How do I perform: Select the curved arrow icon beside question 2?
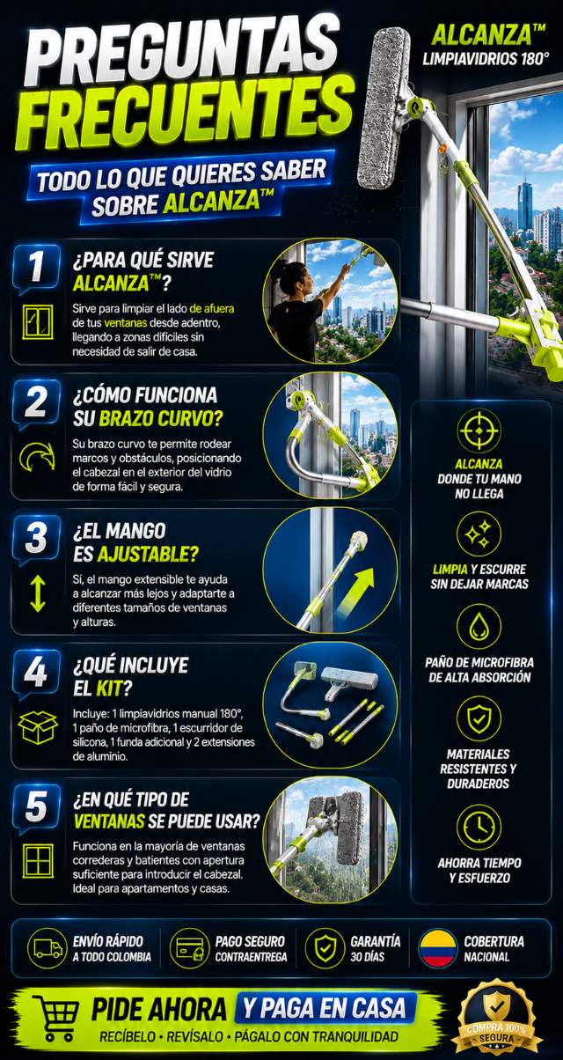37,457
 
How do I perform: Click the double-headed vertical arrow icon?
37,593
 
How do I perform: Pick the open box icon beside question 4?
38,727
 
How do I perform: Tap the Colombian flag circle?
438,948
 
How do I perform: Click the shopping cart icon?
55,1019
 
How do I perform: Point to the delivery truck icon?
48,948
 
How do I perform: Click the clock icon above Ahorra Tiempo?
479,827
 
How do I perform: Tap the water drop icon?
479,627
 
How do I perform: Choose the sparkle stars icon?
479,534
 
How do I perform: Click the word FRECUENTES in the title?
185,114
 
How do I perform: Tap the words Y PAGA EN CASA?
325,1007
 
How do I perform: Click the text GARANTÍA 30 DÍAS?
375,949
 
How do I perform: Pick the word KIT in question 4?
109,688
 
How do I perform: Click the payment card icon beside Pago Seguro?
189,948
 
